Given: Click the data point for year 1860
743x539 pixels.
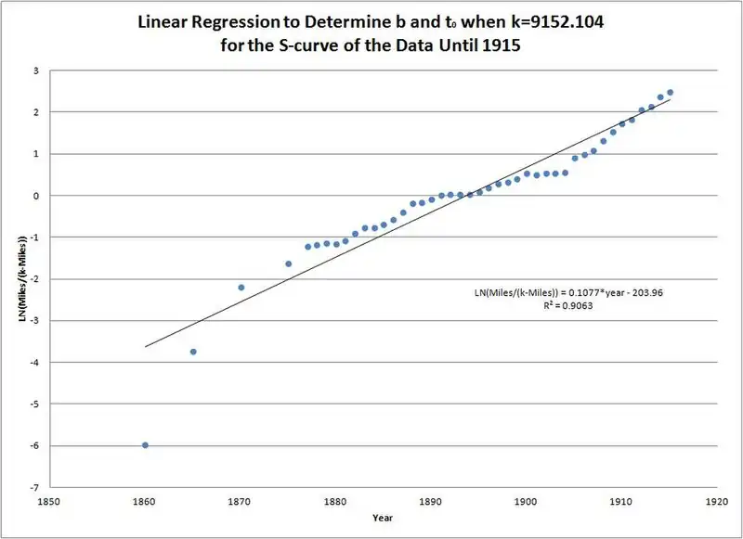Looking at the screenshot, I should click(145, 444).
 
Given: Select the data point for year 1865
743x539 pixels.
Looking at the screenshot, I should click(193, 352).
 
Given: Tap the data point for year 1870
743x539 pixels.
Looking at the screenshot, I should click(241, 288).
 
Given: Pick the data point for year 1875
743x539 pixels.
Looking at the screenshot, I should click(289, 263).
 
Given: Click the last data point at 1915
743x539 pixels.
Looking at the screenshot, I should click(670, 92).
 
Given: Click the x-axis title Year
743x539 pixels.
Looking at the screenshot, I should click(382, 518).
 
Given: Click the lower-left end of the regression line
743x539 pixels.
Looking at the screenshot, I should click(146, 346).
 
